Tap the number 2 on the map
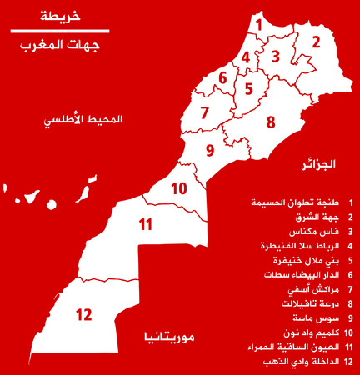click(316, 41)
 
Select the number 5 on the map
click(248, 87)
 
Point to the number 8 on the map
click(271, 122)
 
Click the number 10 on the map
click(179, 188)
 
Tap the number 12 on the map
click(83, 315)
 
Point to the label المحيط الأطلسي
click(82, 120)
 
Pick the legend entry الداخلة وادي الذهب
click(299, 361)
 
